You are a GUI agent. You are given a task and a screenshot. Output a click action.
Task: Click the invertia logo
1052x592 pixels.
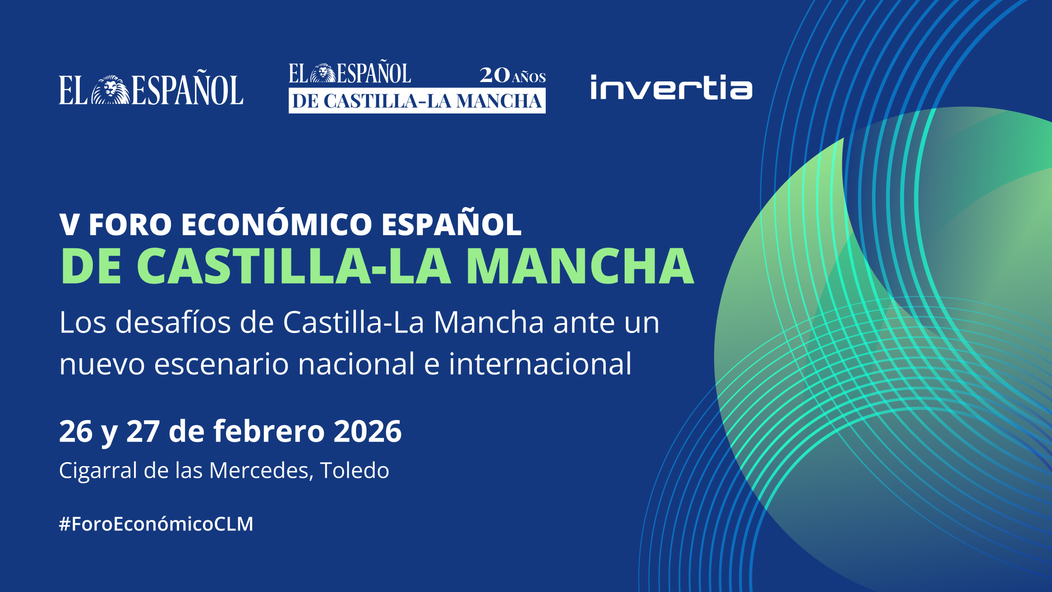pyautogui.click(x=671, y=88)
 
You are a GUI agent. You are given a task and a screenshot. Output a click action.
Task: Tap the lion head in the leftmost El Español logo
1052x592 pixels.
pyautogui.click(x=110, y=90)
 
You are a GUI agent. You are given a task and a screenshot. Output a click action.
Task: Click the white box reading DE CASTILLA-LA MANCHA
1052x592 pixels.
pyautogui.click(x=417, y=101)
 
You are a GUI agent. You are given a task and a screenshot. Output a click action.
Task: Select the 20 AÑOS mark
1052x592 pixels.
pyautogui.click(x=512, y=76)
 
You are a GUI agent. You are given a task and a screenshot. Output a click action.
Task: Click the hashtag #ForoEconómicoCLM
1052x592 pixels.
pyautogui.click(x=156, y=524)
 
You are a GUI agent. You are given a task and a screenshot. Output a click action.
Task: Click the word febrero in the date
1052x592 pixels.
pyautogui.click(x=269, y=431)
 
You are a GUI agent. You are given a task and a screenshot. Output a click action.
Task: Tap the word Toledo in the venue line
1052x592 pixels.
pyautogui.click(x=354, y=470)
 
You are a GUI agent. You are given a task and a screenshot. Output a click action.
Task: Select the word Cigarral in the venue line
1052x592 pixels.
pyautogui.click(x=98, y=470)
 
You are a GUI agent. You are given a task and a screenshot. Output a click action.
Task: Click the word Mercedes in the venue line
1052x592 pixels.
pyautogui.click(x=259, y=470)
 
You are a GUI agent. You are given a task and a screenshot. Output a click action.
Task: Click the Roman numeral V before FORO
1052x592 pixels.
pyautogui.click(x=69, y=225)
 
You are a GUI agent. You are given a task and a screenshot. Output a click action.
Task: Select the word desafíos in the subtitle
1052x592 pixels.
pyautogui.click(x=173, y=322)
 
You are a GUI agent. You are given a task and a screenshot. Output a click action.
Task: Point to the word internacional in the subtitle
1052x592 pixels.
pyautogui.click(x=540, y=364)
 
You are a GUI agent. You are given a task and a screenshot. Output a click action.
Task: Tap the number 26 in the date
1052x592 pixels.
pyautogui.click(x=76, y=431)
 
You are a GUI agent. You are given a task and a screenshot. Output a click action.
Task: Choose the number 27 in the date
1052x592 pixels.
pyautogui.click(x=143, y=431)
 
